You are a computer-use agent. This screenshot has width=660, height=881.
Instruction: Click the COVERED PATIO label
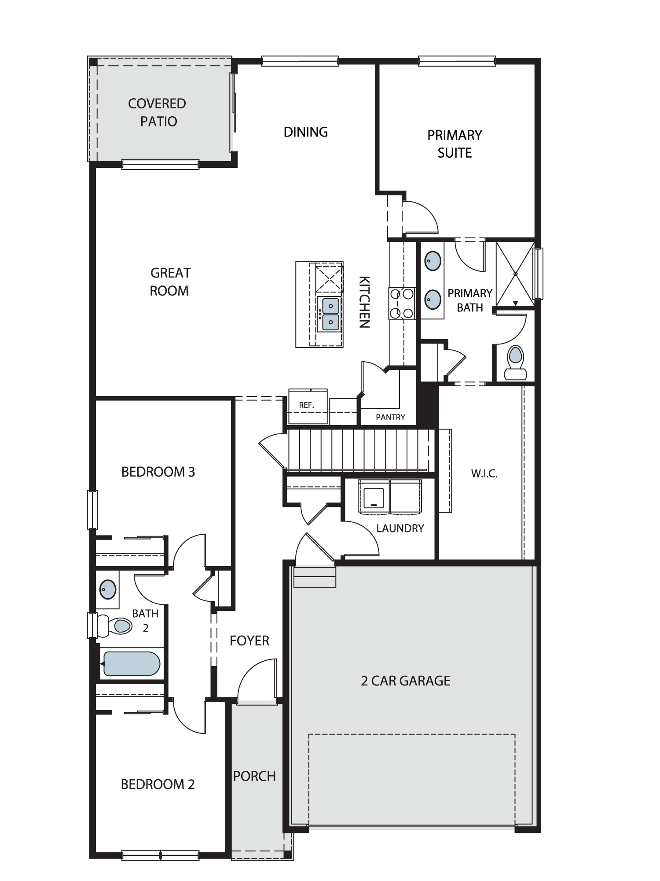click(x=157, y=112)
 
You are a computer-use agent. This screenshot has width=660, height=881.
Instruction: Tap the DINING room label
click(x=306, y=132)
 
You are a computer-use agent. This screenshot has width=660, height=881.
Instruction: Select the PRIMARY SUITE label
click(x=455, y=144)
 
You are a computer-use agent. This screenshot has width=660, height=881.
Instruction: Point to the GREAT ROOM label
click(x=170, y=282)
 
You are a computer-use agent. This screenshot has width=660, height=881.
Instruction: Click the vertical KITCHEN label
click(x=364, y=302)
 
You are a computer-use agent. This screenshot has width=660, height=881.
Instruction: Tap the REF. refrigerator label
click(x=306, y=405)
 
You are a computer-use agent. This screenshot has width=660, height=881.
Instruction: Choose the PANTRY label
click(x=390, y=417)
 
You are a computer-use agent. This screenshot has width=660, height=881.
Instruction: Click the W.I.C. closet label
click(x=484, y=474)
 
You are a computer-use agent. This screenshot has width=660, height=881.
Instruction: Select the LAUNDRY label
click(x=400, y=528)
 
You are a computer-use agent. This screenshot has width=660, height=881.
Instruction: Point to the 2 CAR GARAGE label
click(x=406, y=681)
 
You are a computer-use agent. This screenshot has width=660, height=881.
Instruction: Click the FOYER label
click(x=249, y=640)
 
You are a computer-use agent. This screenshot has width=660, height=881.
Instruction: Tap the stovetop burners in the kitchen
click(x=402, y=304)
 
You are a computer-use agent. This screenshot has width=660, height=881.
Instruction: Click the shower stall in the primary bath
click(x=515, y=273)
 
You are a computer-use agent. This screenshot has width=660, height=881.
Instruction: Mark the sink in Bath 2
click(x=108, y=589)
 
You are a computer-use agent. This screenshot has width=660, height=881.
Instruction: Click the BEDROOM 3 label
click(x=158, y=472)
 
